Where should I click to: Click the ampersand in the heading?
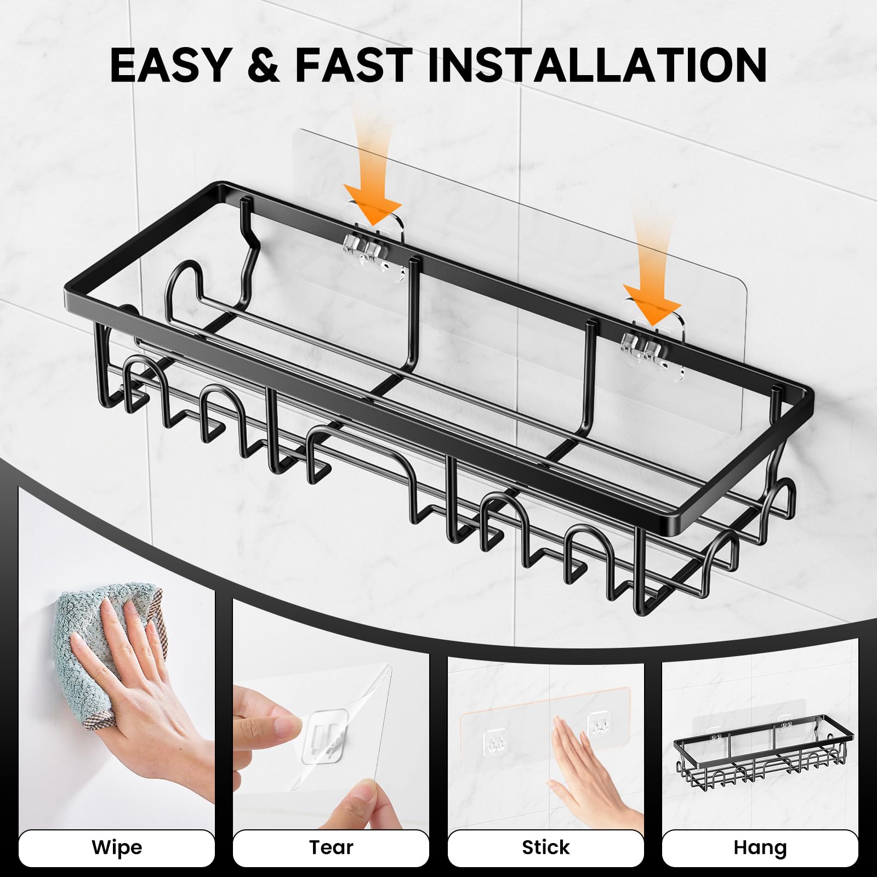263,66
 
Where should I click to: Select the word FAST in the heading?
354,66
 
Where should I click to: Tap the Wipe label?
117,847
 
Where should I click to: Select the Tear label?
331,847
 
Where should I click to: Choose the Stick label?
545,847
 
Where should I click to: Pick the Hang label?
760,847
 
